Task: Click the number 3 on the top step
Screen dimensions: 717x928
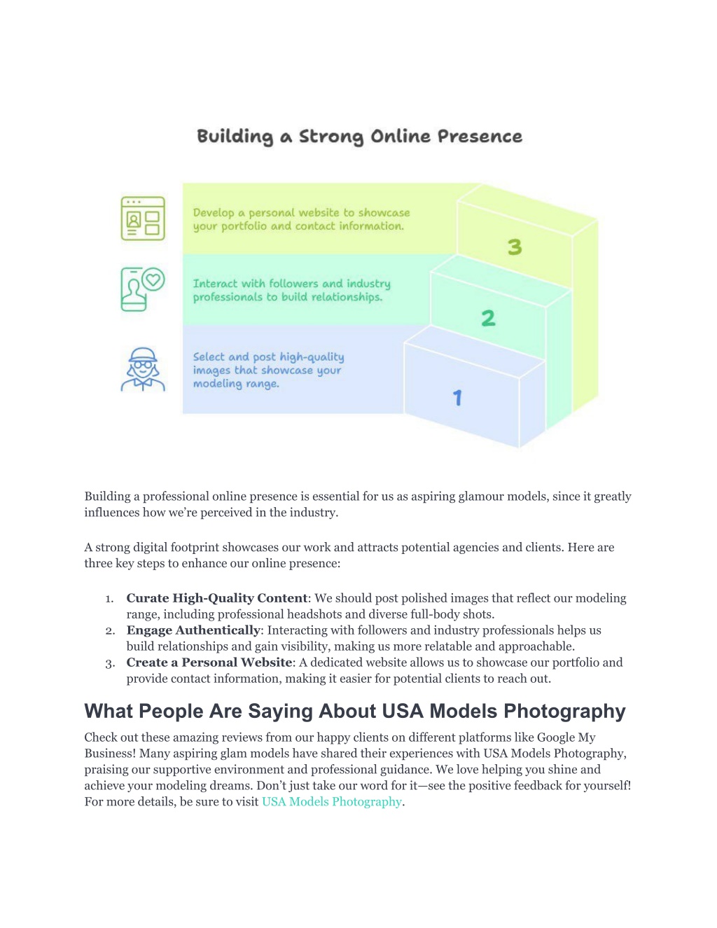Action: tap(515, 247)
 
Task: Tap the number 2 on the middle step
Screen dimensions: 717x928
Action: tap(488, 318)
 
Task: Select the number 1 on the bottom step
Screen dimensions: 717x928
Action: tap(457, 398)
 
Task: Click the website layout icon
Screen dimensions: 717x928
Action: tap(143, 219)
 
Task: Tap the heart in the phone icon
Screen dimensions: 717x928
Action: tap(153, 279)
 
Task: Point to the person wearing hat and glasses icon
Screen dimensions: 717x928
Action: tap(143, 369)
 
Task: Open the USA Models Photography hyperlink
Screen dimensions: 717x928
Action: tap(332, 802)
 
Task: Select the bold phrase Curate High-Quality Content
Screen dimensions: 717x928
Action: tap(217, 598)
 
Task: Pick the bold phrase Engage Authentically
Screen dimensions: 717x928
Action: tap(193, 630)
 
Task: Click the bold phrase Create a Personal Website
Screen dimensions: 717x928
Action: tap(209, 663)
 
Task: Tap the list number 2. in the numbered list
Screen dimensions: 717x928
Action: tap(110, 631)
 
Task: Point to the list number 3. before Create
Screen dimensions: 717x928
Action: tap(110, 664)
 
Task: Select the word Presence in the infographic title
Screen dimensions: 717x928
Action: tap(480, 137)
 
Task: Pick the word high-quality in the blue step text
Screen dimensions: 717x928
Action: tap(312, 357)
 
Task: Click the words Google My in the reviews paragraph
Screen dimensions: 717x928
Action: tap(566, 737)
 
